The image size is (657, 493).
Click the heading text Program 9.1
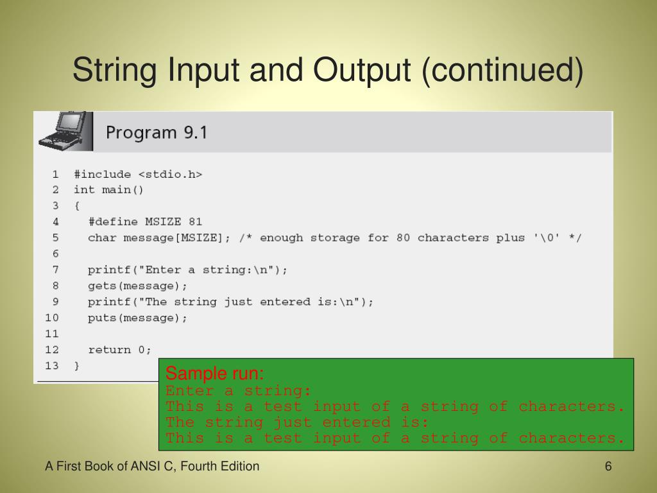157,133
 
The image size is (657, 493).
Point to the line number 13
51,366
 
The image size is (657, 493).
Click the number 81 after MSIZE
195,221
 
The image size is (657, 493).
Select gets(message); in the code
138,286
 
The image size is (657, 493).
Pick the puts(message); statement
138,318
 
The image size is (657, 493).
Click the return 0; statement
120,350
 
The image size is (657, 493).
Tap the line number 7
55,270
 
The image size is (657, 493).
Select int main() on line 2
109,189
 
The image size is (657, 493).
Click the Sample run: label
214,374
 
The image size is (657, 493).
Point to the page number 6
608,467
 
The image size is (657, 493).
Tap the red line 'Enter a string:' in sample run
239,391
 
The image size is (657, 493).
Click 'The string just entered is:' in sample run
296,422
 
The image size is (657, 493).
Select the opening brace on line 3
77,205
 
